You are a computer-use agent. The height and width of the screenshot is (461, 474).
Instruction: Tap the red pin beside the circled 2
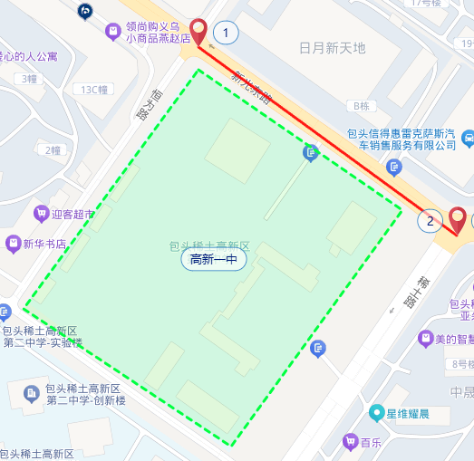pos(458,220)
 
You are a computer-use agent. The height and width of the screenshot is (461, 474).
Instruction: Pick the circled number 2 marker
pos(430,219)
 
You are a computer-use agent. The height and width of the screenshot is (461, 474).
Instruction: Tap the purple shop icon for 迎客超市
pos(40,214)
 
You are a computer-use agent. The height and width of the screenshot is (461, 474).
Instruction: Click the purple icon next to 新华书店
pos(13,244)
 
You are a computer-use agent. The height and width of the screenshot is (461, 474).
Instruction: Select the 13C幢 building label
pos(94,90)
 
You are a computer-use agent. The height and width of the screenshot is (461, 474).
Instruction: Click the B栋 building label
pos(363,106)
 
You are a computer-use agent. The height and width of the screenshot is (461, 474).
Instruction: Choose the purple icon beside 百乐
pos(349,442)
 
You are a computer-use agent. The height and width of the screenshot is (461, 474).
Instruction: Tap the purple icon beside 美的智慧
pos(424,339)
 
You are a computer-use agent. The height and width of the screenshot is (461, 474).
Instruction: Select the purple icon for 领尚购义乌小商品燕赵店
pos(112,33)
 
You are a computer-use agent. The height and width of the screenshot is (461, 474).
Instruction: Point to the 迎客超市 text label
pos(73,215)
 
